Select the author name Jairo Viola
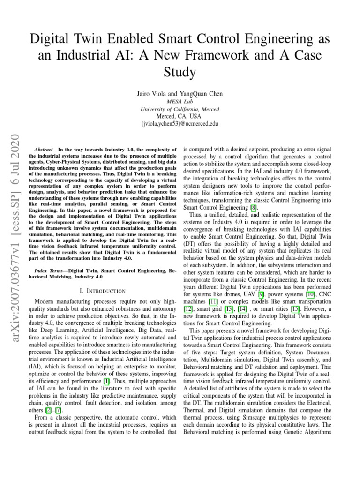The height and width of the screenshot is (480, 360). pos(154,94)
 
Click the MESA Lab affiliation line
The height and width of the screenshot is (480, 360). pos(180,101)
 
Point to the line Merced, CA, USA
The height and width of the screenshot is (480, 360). pos(180,116)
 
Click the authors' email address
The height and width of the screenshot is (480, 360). pos(180,124)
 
